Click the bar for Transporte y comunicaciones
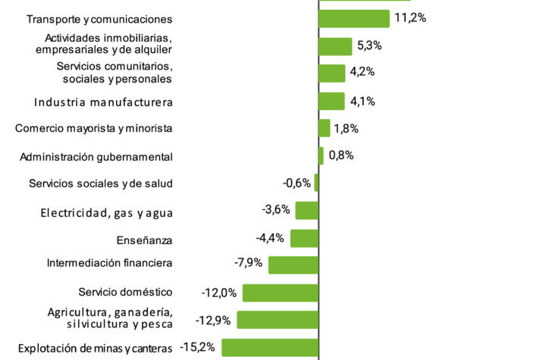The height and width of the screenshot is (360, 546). click(354, 18)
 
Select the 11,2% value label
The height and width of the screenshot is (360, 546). click(410, 17)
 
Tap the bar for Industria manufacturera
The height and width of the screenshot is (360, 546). click(332, 101)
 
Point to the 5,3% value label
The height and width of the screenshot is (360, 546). click(369, 45)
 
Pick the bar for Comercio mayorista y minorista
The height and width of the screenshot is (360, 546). click(325, 128)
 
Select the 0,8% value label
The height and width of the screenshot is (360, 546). click(342, 155)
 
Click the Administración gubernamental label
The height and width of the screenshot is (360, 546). click(96, 157)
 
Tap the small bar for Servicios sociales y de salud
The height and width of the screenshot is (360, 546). click(317, 183)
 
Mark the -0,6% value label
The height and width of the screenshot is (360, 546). click(297, 182)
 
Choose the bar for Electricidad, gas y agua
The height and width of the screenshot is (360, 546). click(307, 210)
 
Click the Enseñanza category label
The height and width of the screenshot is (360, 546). click(145, 240)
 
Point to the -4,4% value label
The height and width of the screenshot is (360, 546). click(270, 237)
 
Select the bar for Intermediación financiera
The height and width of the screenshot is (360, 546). click(293, 265)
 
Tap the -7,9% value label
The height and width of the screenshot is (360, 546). click(248, 263)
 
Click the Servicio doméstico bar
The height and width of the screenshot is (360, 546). click(281, 293)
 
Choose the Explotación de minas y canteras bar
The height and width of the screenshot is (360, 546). click(270, 347)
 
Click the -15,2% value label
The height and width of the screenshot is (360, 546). click(199, 347)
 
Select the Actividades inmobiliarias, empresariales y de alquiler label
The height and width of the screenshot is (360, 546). click(103, 44)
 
